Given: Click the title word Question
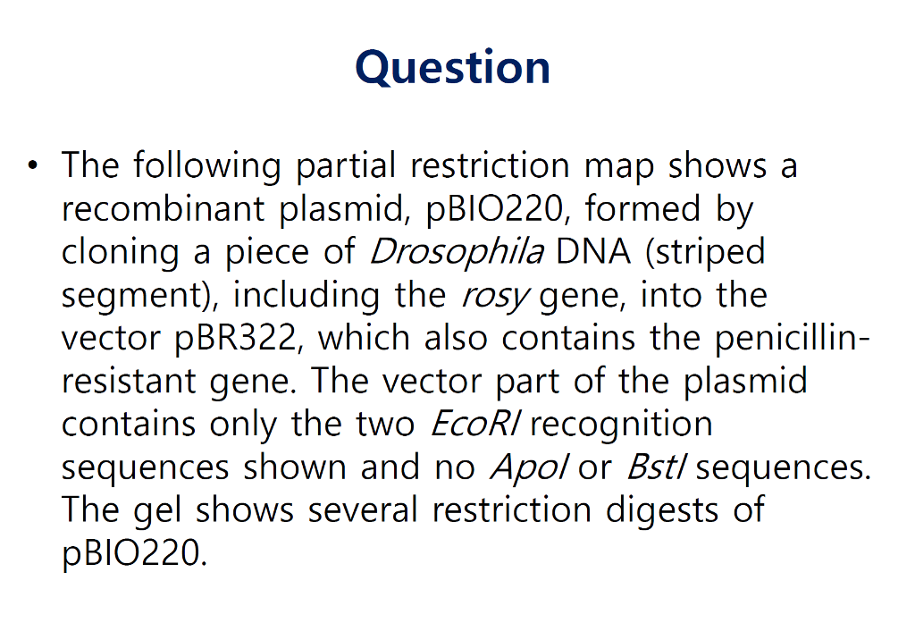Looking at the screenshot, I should [x=452, y=68].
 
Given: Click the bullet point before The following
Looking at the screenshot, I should [x=34, y=166].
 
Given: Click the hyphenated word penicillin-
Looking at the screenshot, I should [x=785, y=338].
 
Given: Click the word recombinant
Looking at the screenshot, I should [x=164, y=209].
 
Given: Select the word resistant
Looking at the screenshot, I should [x=133, y=381].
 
